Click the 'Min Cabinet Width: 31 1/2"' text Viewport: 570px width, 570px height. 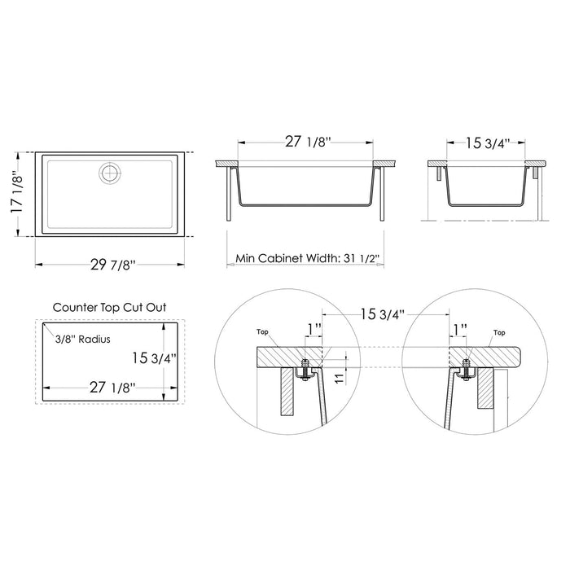click(x=309, y=258)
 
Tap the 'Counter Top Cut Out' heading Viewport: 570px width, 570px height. click(x=109, y=308)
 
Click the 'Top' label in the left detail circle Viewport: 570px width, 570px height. click(x=262, y=333)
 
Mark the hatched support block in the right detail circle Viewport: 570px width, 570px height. click(x=484, y=388)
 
